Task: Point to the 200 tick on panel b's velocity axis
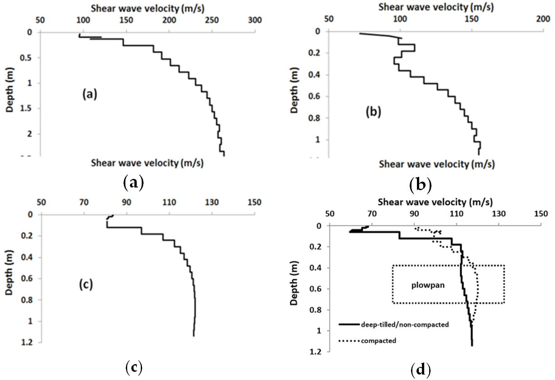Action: tap(543, 20)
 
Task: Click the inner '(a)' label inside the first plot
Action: tap(89, 94)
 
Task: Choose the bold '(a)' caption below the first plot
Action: tap(133, 183)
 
